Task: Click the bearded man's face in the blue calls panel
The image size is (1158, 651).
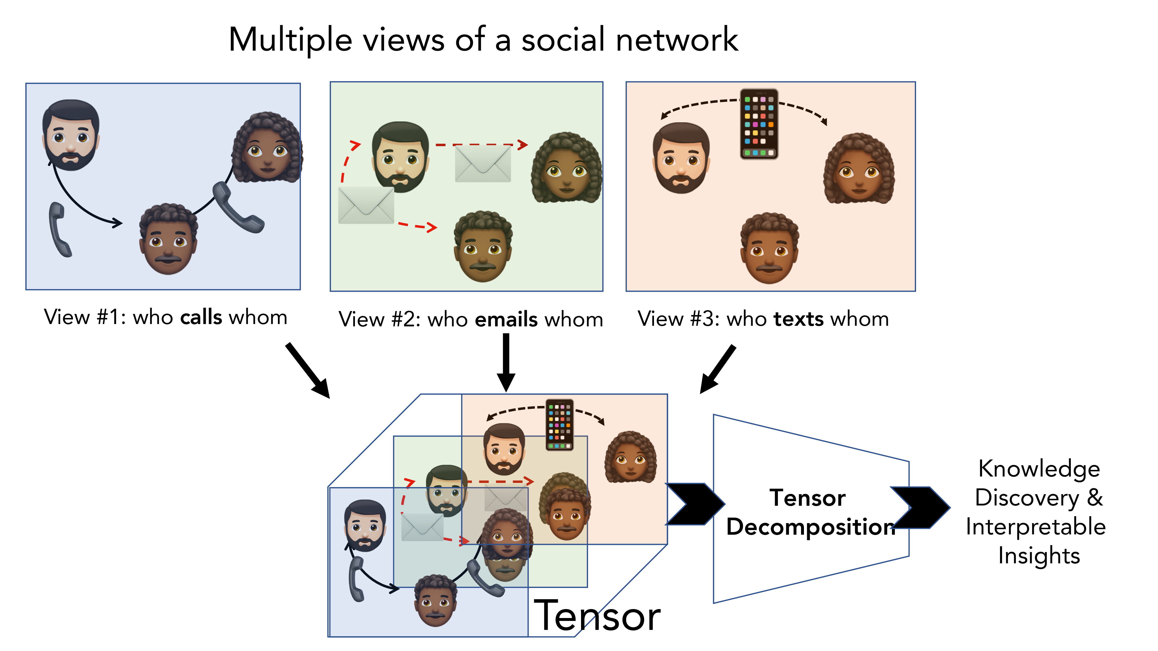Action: [x=71, y=135]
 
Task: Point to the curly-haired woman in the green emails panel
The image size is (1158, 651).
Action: [x=567, y=168]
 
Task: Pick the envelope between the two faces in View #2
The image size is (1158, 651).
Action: [x=483, y=164]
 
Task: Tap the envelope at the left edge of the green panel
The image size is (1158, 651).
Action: [x=366, y=205]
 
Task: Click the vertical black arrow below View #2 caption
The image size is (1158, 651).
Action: [x=506, y=362]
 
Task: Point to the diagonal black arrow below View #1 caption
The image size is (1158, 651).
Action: [x=308, y=370]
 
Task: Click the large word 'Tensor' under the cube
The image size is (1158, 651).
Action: [x=597, y=616]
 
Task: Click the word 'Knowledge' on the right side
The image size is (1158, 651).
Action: [x=1039, y=469]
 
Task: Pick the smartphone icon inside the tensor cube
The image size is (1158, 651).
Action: [x=559, y=424]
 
